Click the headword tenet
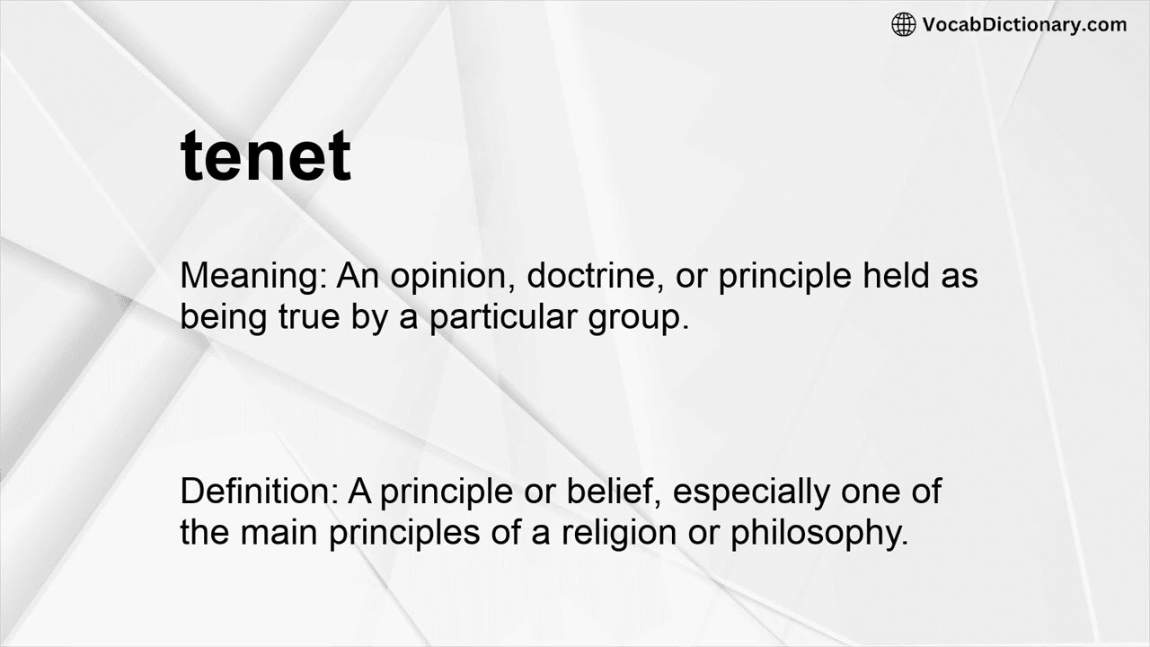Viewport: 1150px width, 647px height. pyautogui.click(x=266, y=156)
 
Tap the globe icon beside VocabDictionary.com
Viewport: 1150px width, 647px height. pyautogui.click(x=903, y=25)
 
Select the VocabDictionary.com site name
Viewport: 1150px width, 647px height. pyautogui.click(x=1024, y=25)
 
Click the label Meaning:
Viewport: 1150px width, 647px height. pyautogui.click(x=254, y=276)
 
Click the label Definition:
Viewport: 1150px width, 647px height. pyautogui.click(x=259, y=492)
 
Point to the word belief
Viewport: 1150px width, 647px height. pyautogui.click(x=615, y=492)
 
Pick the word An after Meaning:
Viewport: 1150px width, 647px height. pyautogui.click(x=358, y=276)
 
